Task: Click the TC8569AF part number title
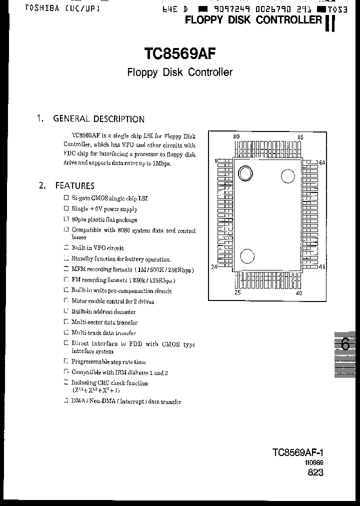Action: point(179,53)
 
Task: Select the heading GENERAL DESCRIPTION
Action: point(98,119)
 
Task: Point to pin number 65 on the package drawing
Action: point(300,137)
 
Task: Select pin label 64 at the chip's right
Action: point(322,162)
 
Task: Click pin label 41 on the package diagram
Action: point(322,267)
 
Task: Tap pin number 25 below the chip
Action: point(237,293)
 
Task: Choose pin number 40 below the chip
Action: point(299,293)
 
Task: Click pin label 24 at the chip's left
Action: point(214,267)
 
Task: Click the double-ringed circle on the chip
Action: point(245,173)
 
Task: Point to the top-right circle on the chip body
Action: point(287,176)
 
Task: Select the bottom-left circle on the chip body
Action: point(247,256)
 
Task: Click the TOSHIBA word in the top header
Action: point(28,9)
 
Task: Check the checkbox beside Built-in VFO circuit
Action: point(66,248)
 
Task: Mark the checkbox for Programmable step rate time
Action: point(66,361)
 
